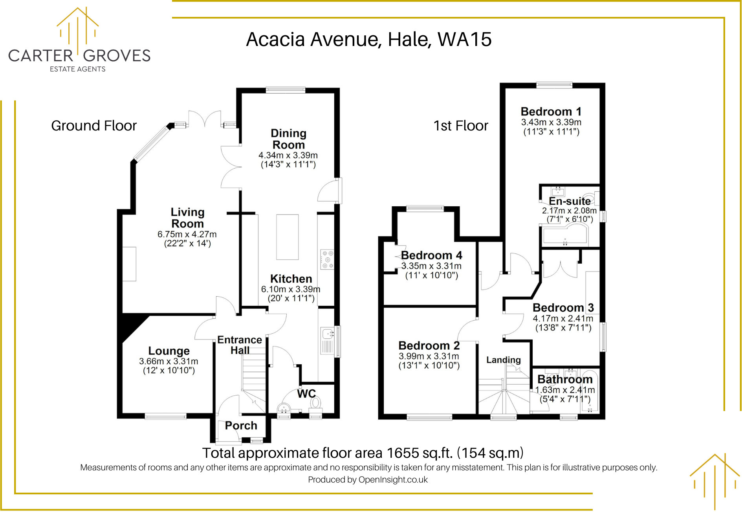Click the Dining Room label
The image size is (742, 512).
(x=288, y=139)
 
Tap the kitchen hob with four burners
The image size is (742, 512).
(x=327, y=260)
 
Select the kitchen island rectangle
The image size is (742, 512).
(x=287, y=237)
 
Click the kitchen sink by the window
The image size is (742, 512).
(x=327, y=334)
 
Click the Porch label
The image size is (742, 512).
(x=241, y=426)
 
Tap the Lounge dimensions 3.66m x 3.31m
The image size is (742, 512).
(x=169, y=361)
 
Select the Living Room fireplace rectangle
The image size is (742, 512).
(x=129, y=264)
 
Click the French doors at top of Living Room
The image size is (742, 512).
(x=204, y=118)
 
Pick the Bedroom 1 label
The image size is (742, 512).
(x=551, y=112)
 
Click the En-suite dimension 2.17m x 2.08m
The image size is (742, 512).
(x=569, y=211)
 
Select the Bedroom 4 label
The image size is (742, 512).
(x=431, y=255)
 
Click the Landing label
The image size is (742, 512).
(x=503, y=360)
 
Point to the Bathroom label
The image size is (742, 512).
(x=564, y=379)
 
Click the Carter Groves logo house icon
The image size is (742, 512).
(x=78, y=28)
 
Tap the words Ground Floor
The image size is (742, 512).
(x=93, y=126)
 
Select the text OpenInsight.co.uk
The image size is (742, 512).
(x=393, y=480)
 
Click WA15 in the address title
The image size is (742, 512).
(x=464, y=39)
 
